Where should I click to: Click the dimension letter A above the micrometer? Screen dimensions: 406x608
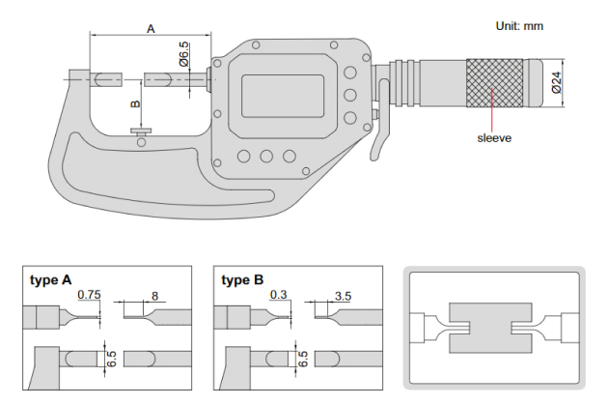[x=151, y=30]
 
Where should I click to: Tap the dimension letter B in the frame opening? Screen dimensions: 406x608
[x=136, y=101]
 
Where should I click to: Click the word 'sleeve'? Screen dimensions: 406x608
[x=493, y=137]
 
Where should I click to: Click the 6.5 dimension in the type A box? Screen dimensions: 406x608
[x=112, y=359]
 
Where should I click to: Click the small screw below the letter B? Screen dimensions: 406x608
[x=142, y=136]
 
